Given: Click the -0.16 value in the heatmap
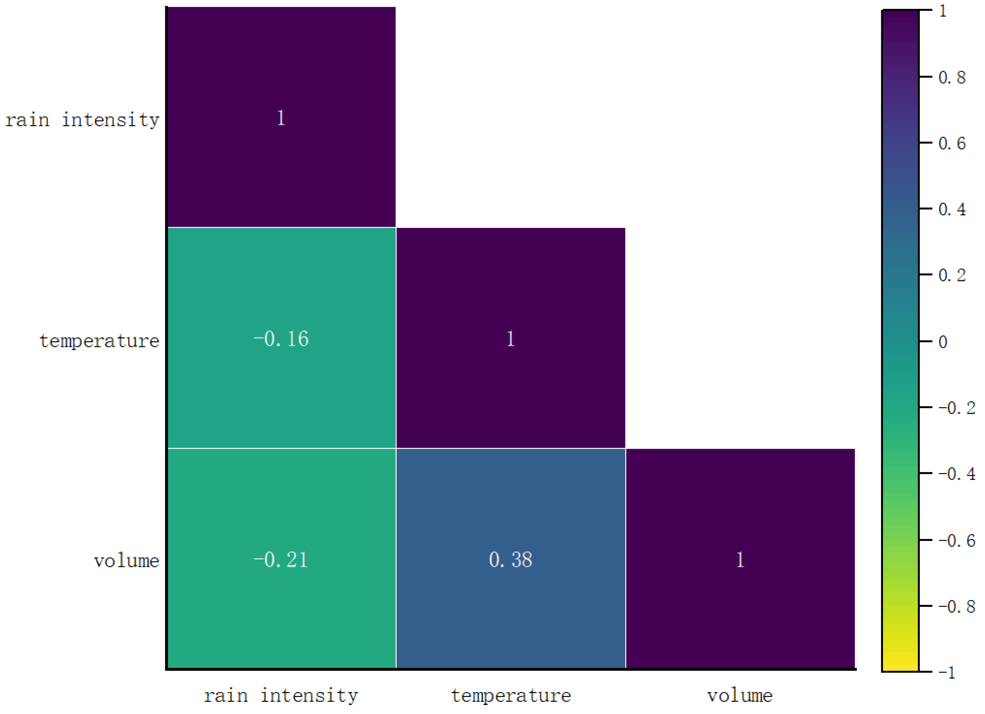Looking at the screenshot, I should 281,339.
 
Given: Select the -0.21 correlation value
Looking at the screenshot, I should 281,559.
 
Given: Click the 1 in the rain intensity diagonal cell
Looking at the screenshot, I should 281,118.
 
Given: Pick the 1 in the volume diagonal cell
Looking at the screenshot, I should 740,559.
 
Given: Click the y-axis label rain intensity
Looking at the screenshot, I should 83,120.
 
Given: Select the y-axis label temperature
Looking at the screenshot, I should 100,341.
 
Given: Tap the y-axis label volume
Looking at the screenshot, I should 127,561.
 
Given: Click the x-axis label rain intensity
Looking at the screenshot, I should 281,696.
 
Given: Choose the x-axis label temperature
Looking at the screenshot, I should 511,696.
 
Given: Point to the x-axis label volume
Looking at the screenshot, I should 740,696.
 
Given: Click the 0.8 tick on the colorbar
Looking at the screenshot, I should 951,78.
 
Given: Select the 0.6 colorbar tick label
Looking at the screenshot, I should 951,144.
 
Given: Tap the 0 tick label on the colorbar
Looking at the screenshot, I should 943,342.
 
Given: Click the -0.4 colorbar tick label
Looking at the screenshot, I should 957,474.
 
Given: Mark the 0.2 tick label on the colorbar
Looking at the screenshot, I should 951,276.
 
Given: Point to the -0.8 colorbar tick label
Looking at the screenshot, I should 957,606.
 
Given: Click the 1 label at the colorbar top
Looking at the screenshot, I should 943,11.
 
